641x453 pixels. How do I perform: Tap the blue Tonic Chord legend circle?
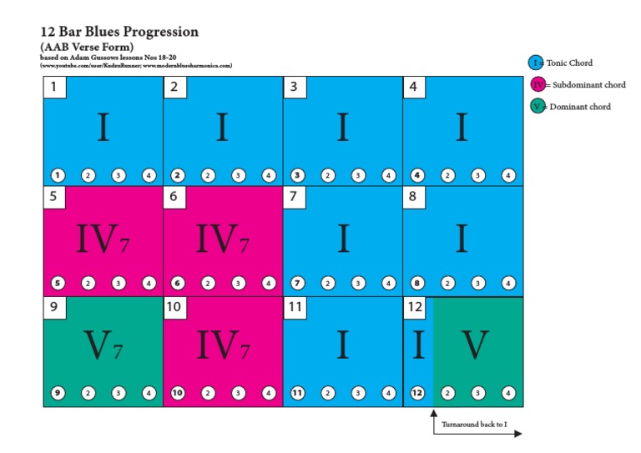tap(536, 63)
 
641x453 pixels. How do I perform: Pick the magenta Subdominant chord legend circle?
tap(537, 84)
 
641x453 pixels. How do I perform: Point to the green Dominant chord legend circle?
tap(537, 106)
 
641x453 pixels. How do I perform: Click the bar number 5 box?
tap(54, 198)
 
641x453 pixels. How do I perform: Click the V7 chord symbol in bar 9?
tap(104, 345)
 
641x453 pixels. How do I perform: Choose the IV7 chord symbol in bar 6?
tap(222, 239)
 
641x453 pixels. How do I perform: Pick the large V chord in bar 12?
tap(475, 345)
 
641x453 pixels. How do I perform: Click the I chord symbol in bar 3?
tap(342, 128)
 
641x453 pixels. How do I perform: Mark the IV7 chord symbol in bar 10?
tap(222, 345)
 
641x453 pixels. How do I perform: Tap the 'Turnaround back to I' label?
tap(474, 425)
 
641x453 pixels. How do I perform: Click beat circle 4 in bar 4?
tap(508, 175)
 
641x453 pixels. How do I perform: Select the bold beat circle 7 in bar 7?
tap(298, 284)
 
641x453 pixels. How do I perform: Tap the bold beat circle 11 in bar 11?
tap(298, 393)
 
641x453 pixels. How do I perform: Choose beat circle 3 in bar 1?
tap(119, 175)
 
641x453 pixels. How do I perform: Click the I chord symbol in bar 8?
tap(462, 239)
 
